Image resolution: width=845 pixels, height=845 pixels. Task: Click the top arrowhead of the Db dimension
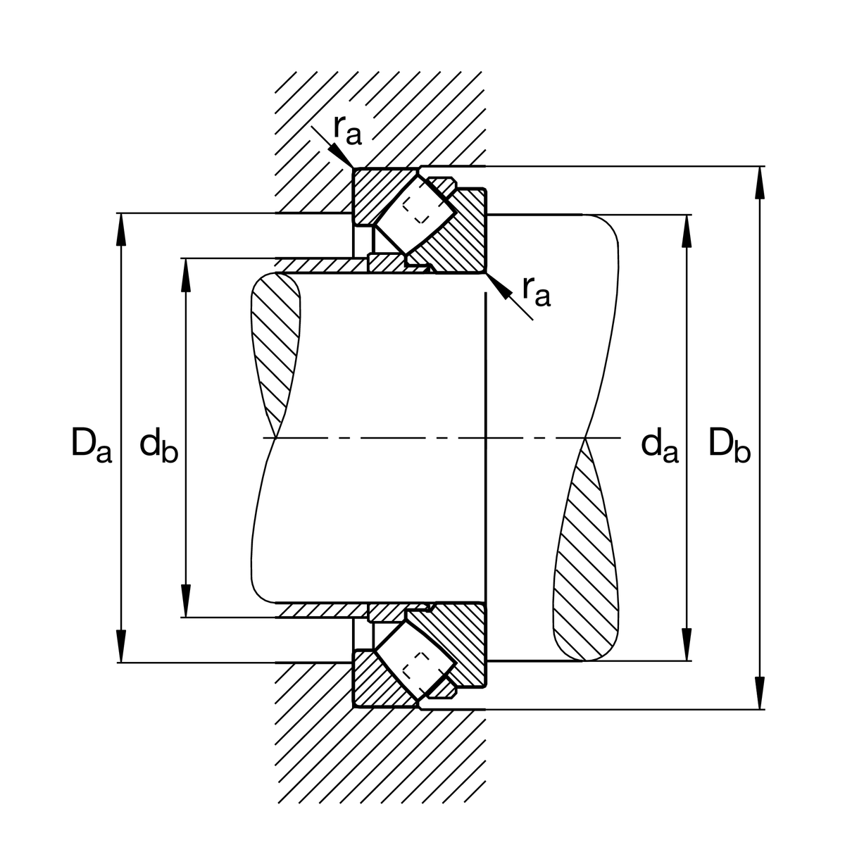click(759, 182)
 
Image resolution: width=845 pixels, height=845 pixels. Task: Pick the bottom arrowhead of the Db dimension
click(759, 694)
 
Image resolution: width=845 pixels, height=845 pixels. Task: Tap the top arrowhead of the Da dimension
click(122, 229)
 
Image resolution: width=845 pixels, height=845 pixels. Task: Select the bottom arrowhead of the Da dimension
click(122, 646)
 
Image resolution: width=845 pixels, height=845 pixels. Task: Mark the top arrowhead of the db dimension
click(186, 275)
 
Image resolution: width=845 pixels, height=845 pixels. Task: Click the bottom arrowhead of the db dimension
click(186, 601)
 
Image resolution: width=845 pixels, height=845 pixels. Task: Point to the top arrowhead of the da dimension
click(687, 231)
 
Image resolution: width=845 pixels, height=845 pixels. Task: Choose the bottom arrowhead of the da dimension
click(687, 645)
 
